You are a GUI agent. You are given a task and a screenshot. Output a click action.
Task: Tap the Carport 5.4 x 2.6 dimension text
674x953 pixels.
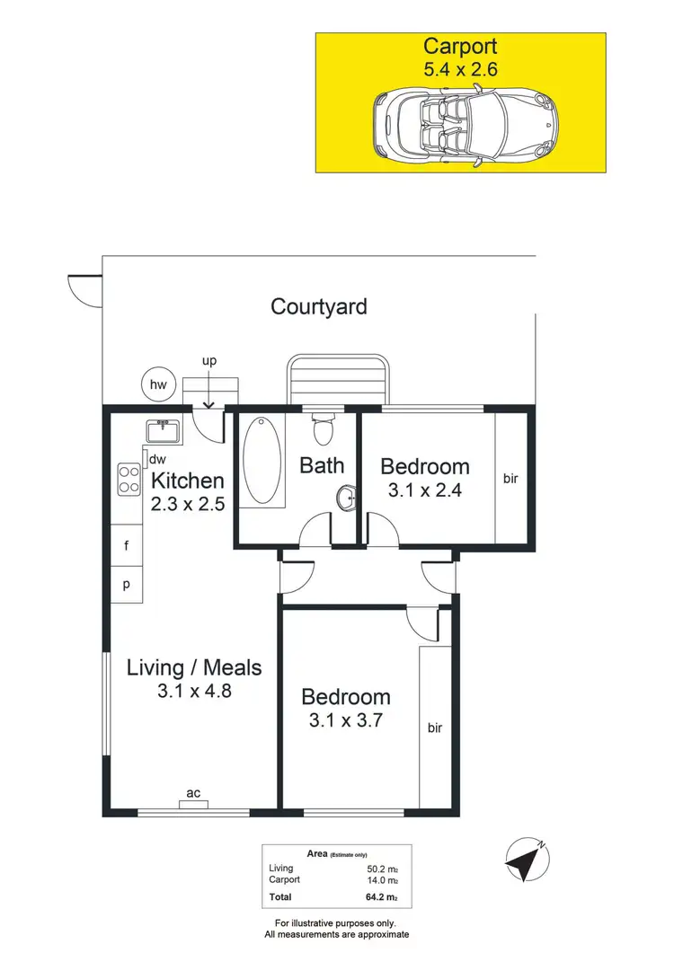tap(460, 66)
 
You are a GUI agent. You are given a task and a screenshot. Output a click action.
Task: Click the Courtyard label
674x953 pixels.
tap(319, 306)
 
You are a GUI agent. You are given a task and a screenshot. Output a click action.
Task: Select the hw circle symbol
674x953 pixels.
tap(159, 385)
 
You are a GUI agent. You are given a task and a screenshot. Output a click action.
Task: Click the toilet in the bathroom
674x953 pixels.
tap(324, 428)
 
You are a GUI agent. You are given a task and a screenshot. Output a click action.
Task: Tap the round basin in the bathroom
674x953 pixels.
tap(347, 496)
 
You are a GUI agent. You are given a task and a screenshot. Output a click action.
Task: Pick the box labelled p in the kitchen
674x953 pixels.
tap(127, 584)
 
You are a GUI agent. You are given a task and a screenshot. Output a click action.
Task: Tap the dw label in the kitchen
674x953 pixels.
tap(158, 459)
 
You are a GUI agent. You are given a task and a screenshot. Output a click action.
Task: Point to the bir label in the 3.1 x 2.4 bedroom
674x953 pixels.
tap(510, 479)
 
